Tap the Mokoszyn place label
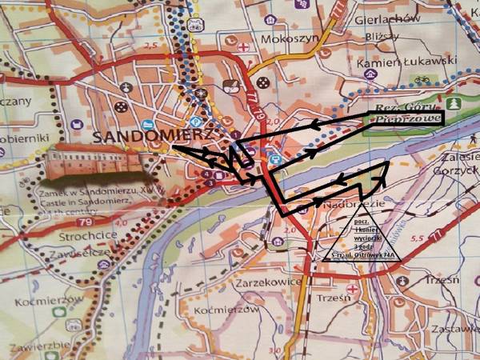point(286,38)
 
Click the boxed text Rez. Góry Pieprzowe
point(405,116)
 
